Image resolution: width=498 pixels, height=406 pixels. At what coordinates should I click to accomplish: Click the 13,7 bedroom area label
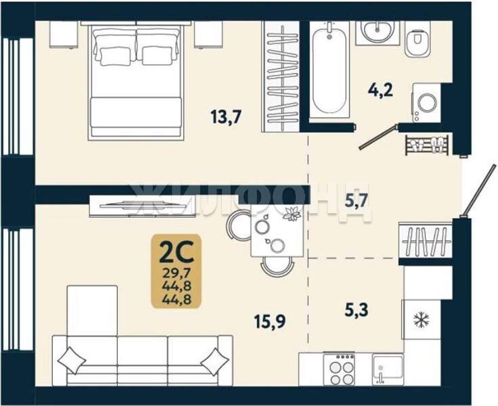click(x=226, y=116)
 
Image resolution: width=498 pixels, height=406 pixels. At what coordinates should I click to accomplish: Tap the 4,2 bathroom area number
click(x=380, y=90)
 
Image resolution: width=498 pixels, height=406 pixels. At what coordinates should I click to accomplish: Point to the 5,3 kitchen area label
click(x=357, y=310)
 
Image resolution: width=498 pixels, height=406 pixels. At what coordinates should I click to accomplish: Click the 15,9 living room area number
click(x=270, y=321)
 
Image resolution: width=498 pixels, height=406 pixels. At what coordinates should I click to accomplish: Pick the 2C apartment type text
click(x=177, y=252)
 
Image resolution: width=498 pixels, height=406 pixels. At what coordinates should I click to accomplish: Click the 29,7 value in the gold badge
click(x=177, y=273)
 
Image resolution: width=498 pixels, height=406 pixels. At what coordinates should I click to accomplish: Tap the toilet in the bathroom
click(x=417, y=41)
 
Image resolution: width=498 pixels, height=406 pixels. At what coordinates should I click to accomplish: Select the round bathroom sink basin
click(x=377, y=31)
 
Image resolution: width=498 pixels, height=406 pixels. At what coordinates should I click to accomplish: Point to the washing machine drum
click(x=427, y=103)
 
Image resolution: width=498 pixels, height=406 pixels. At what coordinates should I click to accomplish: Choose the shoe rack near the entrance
click(x=426, y=145)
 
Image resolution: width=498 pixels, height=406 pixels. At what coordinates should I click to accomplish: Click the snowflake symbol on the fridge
click(x=421, y=319)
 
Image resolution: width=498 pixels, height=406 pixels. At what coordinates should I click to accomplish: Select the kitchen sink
click(x=388, y=369)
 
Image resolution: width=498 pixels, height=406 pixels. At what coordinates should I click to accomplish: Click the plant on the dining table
click(x=292, y=214)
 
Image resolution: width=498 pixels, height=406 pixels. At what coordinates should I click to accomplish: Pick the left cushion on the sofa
click(x=72, y=361)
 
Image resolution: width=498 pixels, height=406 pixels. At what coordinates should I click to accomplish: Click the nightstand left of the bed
click(x=64, y=35)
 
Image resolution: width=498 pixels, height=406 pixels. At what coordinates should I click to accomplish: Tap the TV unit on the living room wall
click(x=143, y=206)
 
